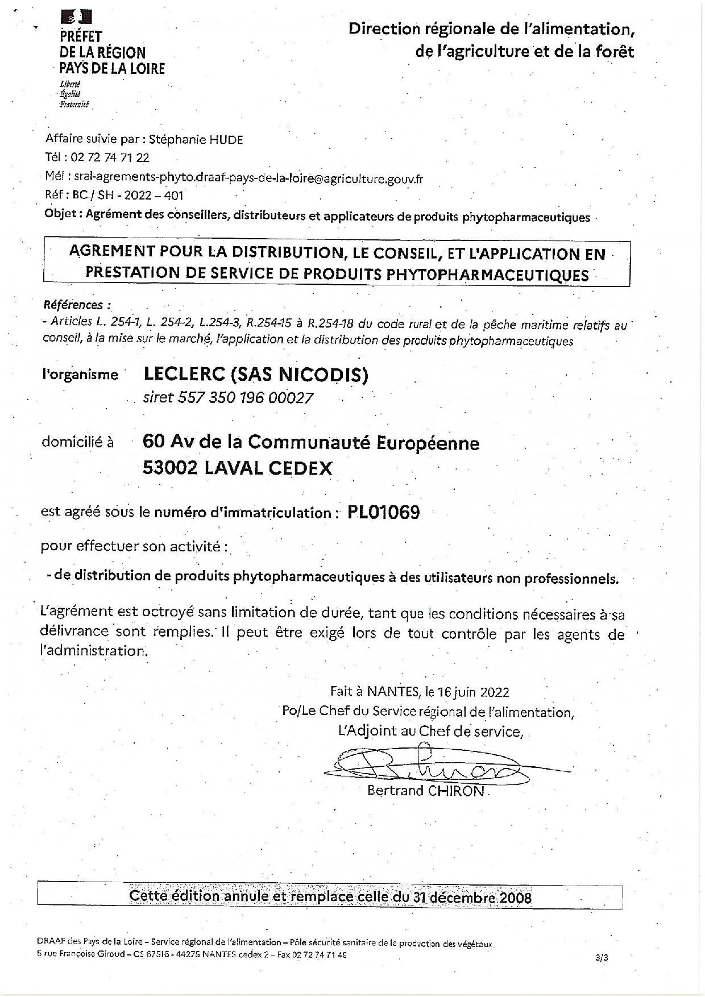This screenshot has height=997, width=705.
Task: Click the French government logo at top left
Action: (71, 17)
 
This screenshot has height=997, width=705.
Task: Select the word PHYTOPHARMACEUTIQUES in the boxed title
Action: (488, 275)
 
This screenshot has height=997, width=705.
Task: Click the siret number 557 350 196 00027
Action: (229, 397)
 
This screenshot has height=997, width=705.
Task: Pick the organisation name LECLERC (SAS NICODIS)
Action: (256, 375)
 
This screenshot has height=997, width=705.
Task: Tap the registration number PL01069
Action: (384, 513)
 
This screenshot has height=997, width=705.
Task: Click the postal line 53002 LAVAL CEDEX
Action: (238, 468)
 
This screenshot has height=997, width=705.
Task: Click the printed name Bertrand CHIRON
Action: (426, 791)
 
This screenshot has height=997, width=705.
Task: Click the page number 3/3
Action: (602, 957)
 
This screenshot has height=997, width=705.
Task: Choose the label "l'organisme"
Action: (80, 375)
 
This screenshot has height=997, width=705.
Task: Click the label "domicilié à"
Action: (77, 442)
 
